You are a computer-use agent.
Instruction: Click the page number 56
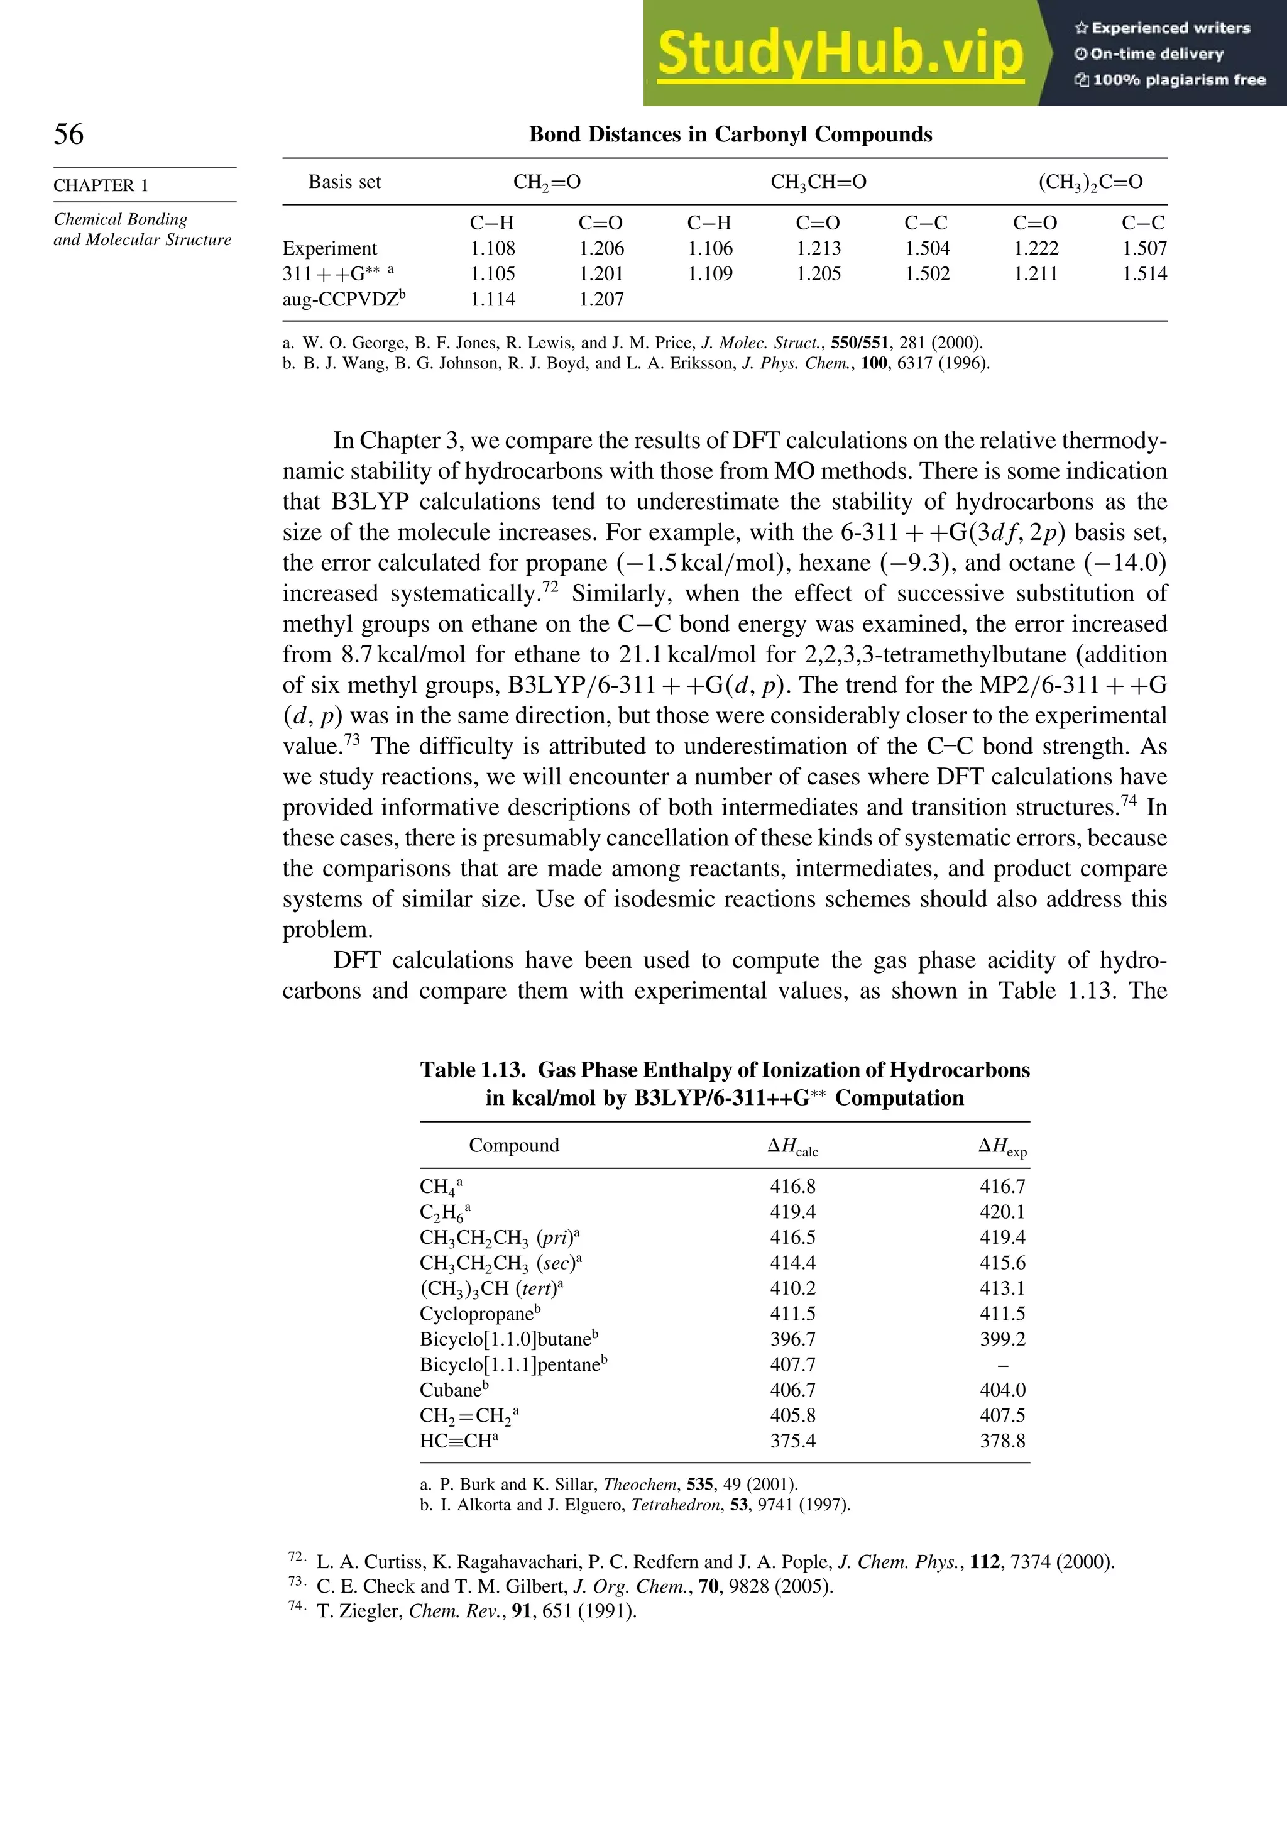(69, 134)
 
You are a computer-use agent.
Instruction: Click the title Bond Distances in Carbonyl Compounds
(730, 134)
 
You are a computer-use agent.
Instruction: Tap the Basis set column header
(344, 183)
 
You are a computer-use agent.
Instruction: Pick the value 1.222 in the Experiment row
(1036, 248)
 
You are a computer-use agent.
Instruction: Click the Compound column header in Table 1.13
(513, 1145)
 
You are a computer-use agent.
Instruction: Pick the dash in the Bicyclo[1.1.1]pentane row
(1003, 1366)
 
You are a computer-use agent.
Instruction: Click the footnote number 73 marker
(295, 1581)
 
